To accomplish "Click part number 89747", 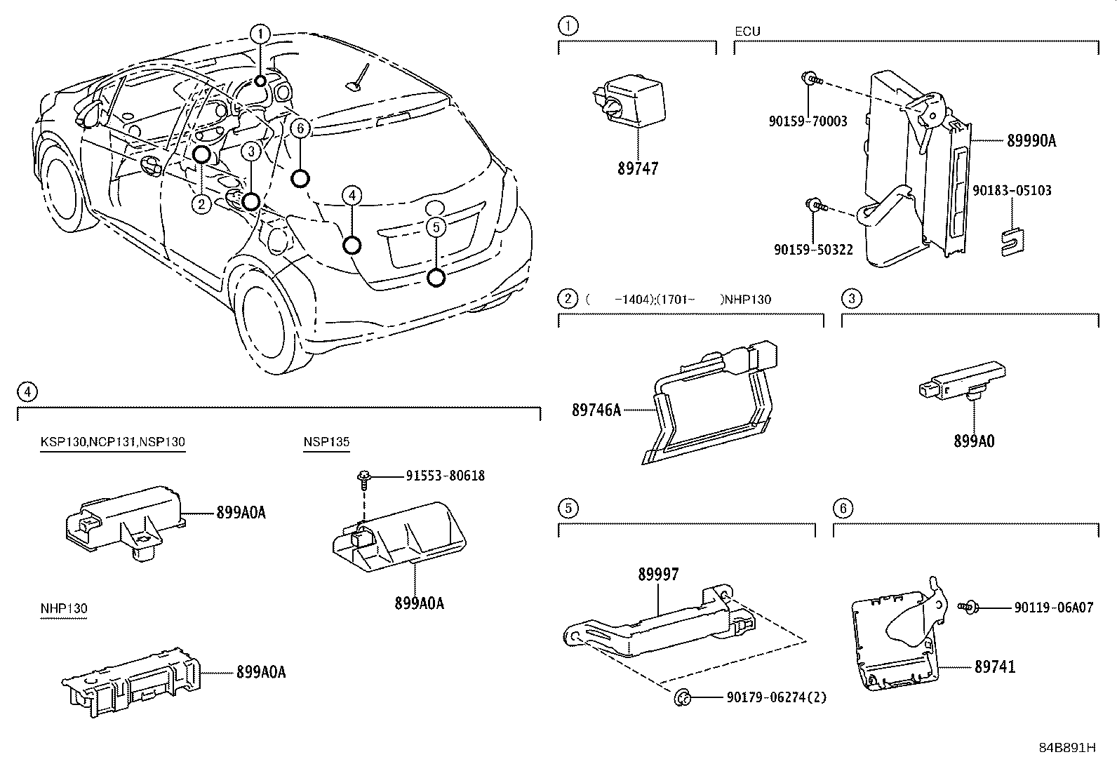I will click(638, 168).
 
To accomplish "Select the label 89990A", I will click(1031, 141).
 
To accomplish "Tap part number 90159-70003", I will click(808, 121).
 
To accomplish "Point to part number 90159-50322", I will click(813, 249).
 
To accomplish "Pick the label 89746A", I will click(596, 410).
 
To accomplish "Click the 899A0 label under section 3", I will click(973, 441).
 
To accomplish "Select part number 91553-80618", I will click(445, 476).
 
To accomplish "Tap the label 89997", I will click(658, 574).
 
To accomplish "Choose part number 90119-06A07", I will click(1053, 608).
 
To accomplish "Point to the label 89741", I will click(994, 666).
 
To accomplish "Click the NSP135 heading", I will click(326, 442).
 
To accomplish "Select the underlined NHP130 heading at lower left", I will click(64, 608).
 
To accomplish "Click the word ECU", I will click(747, 32).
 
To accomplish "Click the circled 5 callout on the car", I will click(436, 227).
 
